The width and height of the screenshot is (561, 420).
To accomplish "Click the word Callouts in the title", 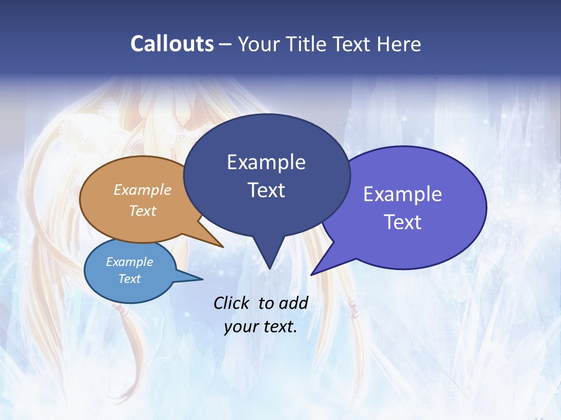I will tap(172, 44).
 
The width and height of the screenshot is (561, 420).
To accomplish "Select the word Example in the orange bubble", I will tap(143, 190).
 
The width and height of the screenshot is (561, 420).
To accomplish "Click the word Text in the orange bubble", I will tap(143, 211).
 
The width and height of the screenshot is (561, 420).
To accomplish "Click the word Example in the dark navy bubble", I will tap(266, 162).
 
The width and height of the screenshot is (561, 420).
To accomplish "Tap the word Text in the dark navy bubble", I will tap(266, 190).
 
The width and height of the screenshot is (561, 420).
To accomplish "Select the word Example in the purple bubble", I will tap(403, 194).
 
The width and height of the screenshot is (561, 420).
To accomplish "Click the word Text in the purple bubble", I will tap(403, 222).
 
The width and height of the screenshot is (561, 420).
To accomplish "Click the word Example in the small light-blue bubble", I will tap(130, 262).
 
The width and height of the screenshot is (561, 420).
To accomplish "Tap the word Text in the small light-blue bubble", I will tap(130, 279).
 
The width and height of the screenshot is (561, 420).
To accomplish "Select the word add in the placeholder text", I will tap(293, 303).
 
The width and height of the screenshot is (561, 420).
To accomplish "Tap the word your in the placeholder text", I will tap(240, 327).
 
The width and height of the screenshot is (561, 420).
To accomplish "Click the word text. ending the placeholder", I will tap(279, 327).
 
